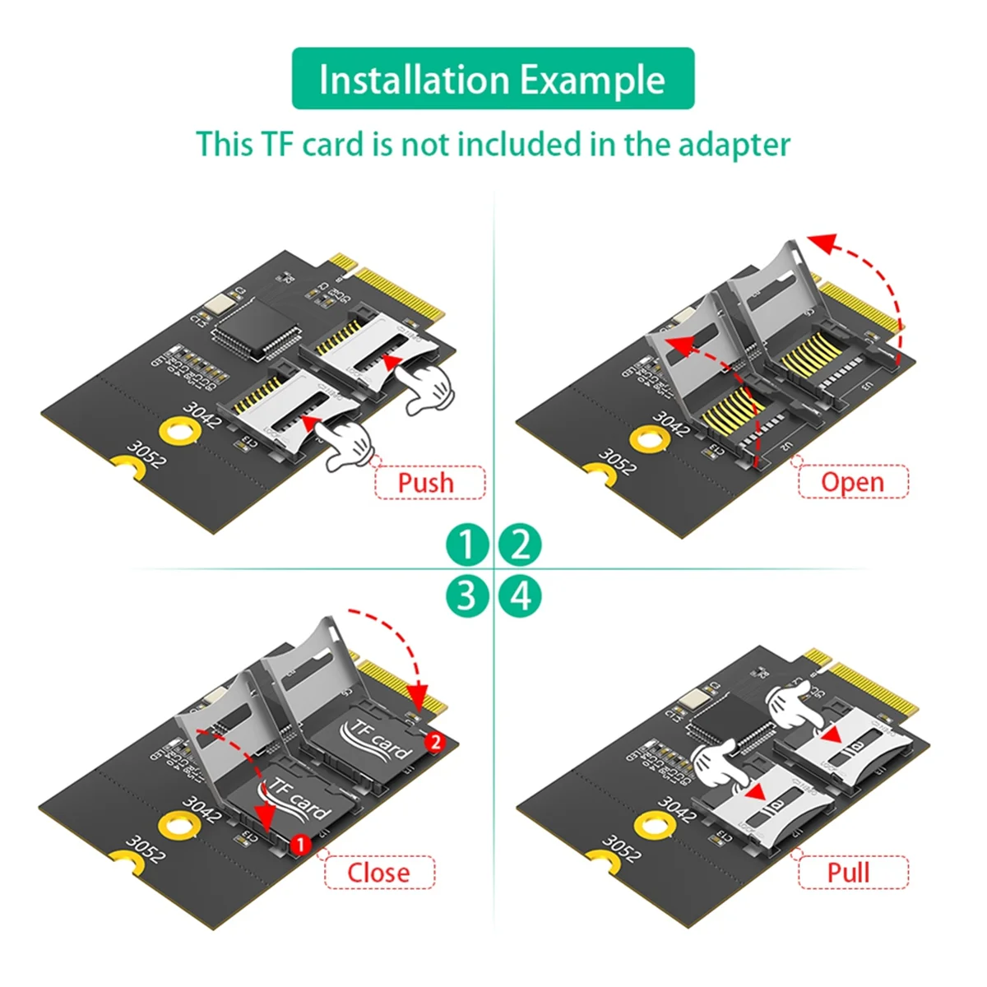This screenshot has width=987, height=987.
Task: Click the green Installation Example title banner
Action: [x=493, y=79]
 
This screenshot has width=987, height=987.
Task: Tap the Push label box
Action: [x=429, y=482]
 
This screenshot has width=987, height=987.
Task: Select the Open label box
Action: [x=853, y=482]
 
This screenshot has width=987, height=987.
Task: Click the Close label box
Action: [x=379, y=872]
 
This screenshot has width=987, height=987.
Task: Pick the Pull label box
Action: [x=853, y=872]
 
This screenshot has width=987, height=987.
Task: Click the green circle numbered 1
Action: [x=467, y=544]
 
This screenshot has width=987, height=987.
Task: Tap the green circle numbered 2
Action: [x=520, y=544]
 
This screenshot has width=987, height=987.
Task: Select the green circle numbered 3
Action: [x=467, y=595]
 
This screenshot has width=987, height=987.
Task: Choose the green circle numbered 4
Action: [x=520, y=595]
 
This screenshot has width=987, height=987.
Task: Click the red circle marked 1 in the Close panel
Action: [x=300, y=844]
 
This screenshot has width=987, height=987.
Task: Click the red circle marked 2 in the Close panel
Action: [x=435, y=742]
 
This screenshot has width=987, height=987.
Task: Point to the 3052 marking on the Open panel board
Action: [x=617, y=461]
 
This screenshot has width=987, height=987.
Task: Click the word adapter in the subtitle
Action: [x=734, y=145]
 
